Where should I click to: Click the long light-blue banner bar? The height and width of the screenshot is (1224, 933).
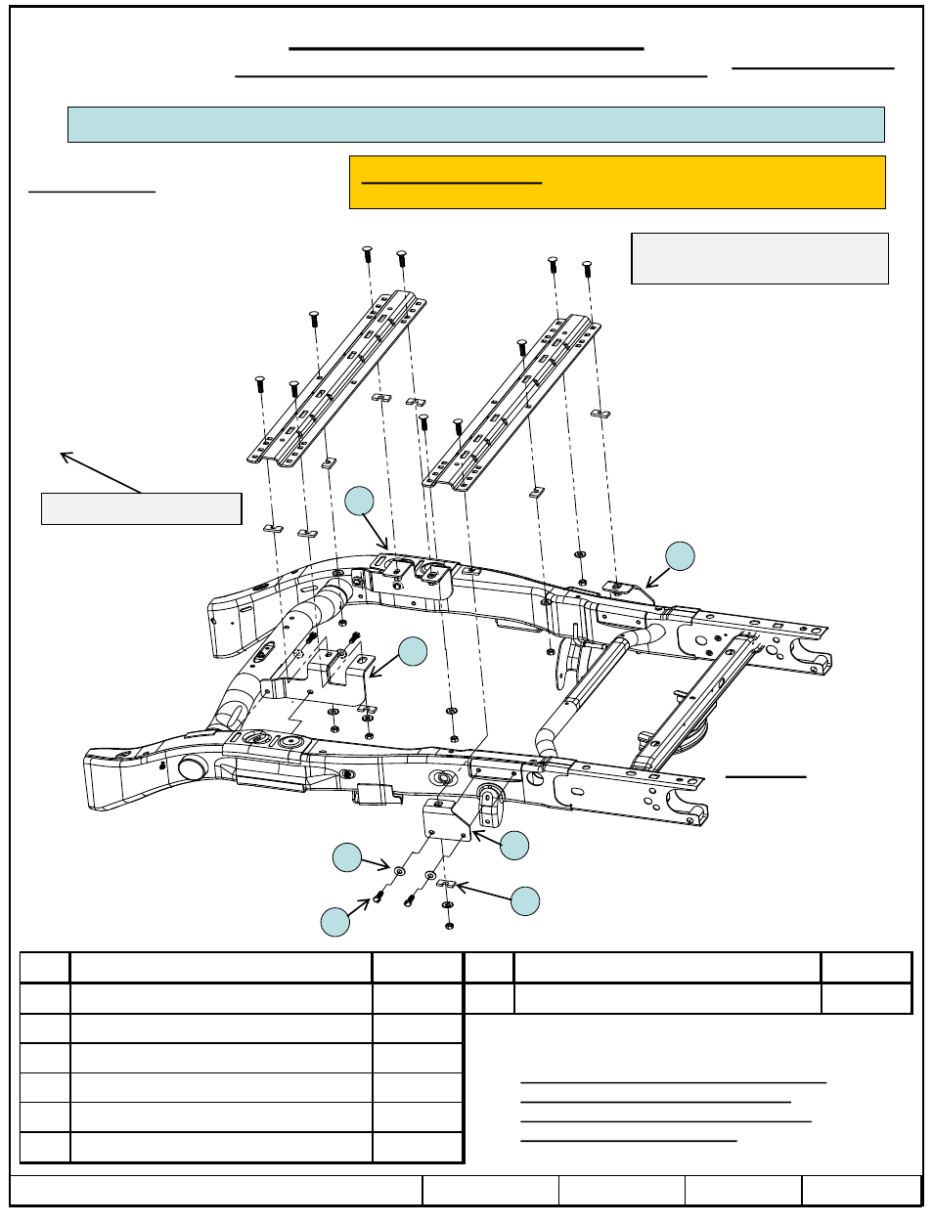coord(475,124)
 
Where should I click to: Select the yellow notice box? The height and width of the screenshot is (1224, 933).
coord(617,183)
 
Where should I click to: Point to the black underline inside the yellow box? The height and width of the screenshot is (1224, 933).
coord(451,183)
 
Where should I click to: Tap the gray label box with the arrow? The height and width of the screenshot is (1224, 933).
coord(141,508)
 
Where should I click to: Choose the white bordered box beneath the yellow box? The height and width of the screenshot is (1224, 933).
coord(760,258)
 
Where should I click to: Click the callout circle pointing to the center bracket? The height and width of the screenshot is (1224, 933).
coord(413,652)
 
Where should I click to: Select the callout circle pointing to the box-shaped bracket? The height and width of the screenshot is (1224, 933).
coord(514,846)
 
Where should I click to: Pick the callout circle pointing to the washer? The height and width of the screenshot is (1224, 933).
coord(347,857)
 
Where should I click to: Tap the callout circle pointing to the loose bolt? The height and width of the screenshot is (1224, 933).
coord(335,922)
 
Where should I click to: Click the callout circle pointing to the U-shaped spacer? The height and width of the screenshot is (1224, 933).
coord(525,900)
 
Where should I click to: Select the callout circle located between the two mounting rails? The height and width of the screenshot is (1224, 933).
coord(360,501)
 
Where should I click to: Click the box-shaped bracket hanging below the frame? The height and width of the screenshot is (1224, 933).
coord(448,819)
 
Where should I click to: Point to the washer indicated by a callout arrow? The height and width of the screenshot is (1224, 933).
coord(399,870)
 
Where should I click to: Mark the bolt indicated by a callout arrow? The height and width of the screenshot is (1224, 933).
coord(378,896)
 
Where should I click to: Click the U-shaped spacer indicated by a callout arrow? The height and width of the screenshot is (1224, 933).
coord(446,884)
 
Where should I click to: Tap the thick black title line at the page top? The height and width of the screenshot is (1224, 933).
coord(466,48)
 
